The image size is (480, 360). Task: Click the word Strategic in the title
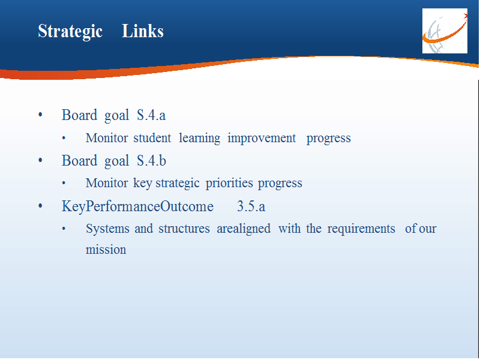click(70, 32)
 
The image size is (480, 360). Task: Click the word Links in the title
click(143, 31)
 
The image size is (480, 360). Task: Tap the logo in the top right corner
click(445, 31)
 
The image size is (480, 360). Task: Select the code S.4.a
click(151, 115)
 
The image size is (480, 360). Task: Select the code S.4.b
click(152, 160)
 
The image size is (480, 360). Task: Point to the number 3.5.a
click(251, 206)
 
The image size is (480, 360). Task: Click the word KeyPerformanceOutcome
click(137, 206)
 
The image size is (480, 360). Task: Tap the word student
click(152, 138)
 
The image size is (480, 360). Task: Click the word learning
click(199, 139)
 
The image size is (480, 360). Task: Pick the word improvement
click(262, 139)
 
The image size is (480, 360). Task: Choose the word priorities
click(229, 184)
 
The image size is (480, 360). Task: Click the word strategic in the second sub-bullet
click(178, 184)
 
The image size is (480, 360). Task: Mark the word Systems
click(107, 229)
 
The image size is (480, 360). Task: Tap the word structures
click(184, 229)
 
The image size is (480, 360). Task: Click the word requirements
click(361, 229)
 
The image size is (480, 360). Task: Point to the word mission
click(106, 250)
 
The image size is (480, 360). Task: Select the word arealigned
click(244, 229)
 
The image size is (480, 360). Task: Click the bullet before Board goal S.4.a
click(40, 115)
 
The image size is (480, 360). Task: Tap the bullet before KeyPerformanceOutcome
click(40, 206)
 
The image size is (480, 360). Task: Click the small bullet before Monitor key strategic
click(64, 184)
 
